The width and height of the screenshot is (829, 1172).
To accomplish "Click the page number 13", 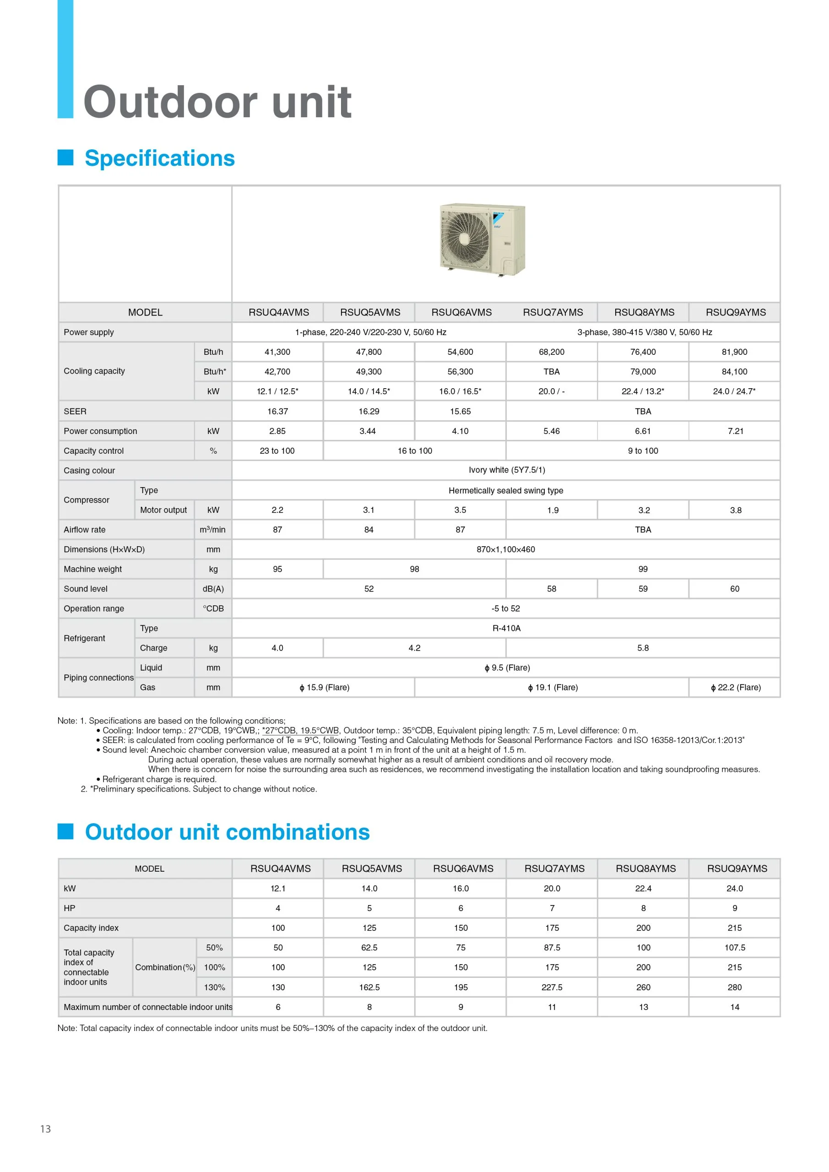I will point(45,1129).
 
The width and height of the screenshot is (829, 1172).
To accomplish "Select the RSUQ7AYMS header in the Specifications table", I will point(553,312).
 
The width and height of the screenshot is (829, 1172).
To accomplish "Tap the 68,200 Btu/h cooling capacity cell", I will point(551,352).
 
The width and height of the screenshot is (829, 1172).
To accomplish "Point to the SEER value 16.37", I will point(277,412).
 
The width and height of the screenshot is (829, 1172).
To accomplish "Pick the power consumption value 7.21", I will point(735,431).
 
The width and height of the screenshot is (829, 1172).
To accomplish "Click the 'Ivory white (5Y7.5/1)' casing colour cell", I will point(506,470).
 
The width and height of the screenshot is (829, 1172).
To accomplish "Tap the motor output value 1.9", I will point(553,510).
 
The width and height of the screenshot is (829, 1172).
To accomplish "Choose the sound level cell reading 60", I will point(735,589).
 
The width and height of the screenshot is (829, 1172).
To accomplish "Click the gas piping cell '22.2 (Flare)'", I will point(736,688).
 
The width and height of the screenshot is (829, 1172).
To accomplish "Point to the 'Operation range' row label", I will point(94,608).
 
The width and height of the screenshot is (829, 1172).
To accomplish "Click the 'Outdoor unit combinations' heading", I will point(227,832).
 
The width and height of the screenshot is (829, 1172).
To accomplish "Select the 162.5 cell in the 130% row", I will point(369,987).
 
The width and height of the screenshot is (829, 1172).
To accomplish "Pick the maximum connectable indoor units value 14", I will point(735,1007).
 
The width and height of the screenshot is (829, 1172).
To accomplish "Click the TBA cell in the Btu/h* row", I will point(551,372).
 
